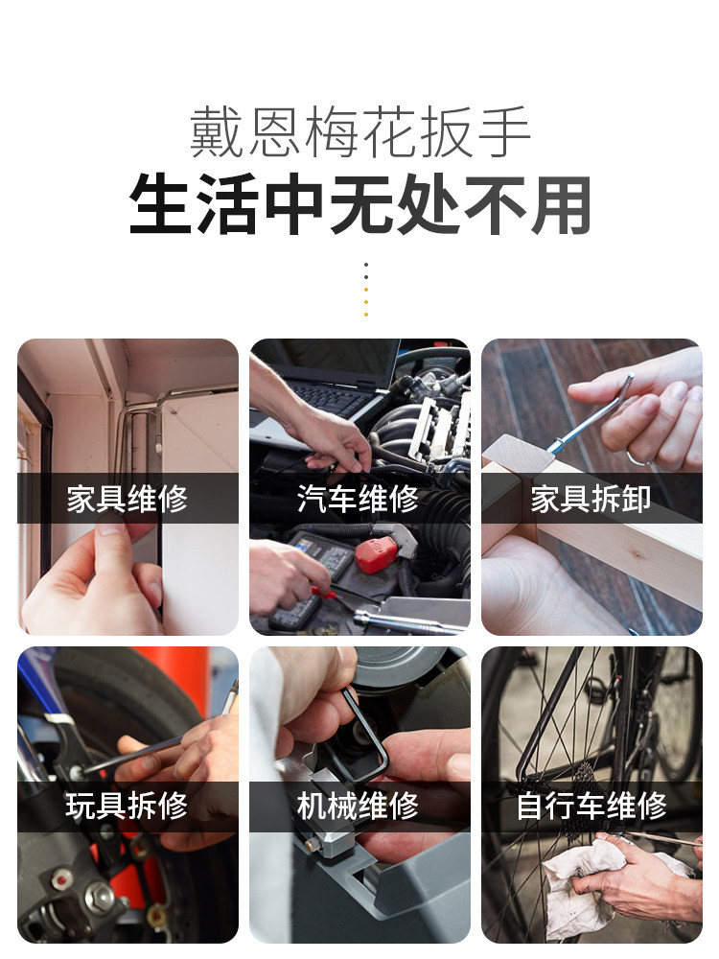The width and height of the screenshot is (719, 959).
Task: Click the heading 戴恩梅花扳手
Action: tap(359, 131)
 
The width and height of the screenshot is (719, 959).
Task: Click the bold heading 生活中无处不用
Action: tap(360, 204)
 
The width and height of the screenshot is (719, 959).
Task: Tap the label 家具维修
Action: tap(128, 499)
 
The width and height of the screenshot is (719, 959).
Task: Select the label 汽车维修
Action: tap(359, 499)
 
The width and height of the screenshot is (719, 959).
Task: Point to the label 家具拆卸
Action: tap(591, 499)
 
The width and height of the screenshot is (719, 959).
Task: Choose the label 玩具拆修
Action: tap(128, 806)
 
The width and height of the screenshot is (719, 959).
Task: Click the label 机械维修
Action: tap(359, 806)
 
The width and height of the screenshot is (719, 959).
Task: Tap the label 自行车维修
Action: tap(591, 806)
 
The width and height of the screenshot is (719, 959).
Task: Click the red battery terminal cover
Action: tap(376, 554)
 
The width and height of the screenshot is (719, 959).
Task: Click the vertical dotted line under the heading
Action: tap(365, 290)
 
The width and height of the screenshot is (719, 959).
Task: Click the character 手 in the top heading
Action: tap(503, 131)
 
